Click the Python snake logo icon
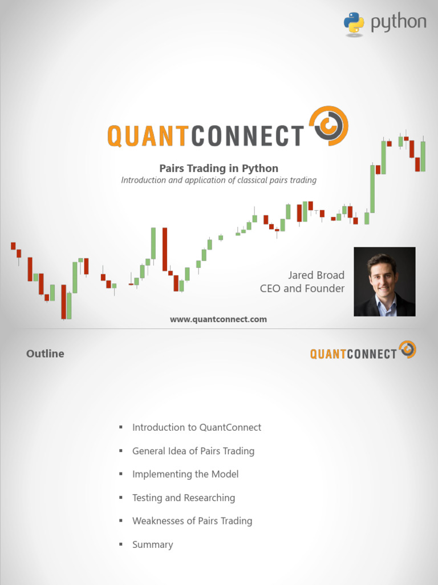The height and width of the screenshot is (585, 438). tap(354, 24)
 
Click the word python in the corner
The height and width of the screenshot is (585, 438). tap(399, 23)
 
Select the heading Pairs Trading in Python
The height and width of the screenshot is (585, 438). tap(218, 168)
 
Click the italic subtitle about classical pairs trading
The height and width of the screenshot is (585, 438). tap(218, 180)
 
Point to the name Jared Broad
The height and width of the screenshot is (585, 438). tap(316, 275)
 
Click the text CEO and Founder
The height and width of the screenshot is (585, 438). tap(302, 289)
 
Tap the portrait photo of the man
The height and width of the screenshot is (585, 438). tap(384, 282)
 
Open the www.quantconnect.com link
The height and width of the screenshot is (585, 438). tap(218, 319)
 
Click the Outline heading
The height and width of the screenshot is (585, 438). tap(45, 354)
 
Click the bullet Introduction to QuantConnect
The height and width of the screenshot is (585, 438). tap(197, 427)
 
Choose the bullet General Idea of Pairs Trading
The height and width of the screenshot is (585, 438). tap(193, 451)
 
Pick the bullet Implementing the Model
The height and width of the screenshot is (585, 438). tap(185, 474)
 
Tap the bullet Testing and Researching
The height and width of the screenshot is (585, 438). tap(184, 498)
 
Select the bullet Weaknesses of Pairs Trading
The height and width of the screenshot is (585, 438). tap(192, 521)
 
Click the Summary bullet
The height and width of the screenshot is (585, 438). tap(152, 544)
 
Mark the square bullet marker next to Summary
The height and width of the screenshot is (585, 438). tap(121, 544)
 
